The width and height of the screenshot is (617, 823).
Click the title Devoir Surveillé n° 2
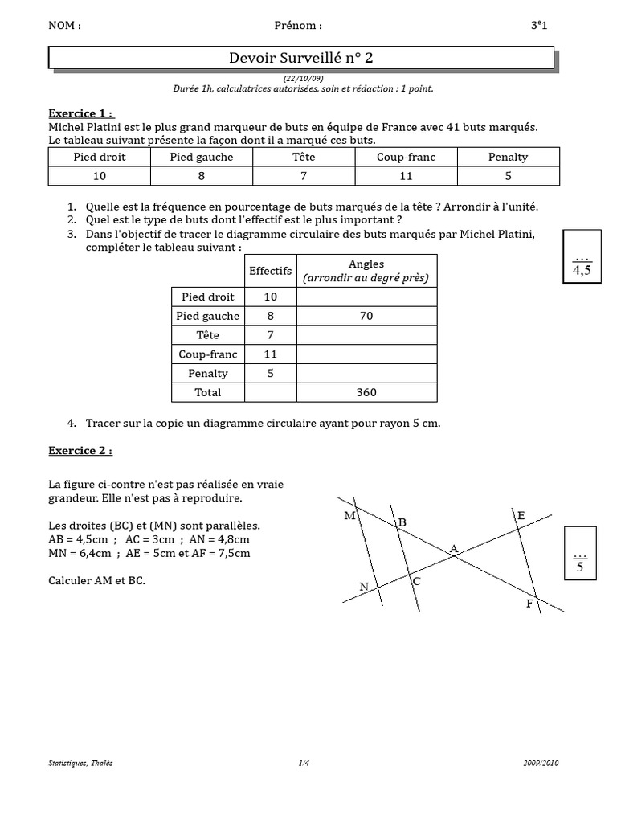click(x=301, y=58)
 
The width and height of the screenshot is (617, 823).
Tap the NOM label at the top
click(x=64, y=25)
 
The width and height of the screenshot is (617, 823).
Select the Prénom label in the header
click(x=297, y=25)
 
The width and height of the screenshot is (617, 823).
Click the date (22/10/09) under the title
click(x=302, y=77)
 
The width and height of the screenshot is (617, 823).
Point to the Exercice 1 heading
click(x=80, y=113)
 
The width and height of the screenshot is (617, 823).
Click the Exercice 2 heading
click(x=80, y=451)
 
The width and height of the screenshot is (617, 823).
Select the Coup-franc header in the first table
click(x=406, y=157)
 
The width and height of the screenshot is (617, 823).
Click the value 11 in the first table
click(x=406, y=176)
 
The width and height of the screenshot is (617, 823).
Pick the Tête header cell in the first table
click(x=304, y=157)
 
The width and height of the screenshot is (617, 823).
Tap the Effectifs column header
click(x=271, y=271)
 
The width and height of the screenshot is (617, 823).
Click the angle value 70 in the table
click(x=366, y=316)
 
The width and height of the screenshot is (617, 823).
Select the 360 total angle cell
click(x=366, y=392)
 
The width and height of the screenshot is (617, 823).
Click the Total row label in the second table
click(x=207, y=392)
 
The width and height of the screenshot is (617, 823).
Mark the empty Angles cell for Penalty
click(x=366, y=373)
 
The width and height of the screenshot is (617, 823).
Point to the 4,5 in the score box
click(x=582, y=271)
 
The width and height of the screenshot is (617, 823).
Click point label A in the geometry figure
click(x=453, y=549)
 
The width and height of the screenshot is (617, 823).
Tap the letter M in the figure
click(x=349, y=516)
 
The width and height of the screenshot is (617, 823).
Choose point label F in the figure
click(x=529, y=603)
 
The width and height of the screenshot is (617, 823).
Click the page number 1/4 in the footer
click(x=303, y=763)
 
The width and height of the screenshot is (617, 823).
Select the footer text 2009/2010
click(x=538, y=763)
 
